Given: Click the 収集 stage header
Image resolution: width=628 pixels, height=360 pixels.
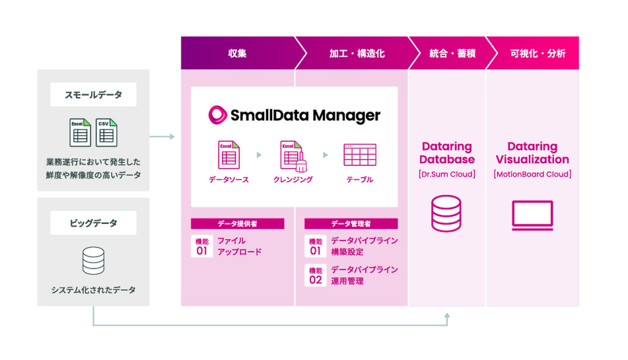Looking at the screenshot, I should click(x=237, y=54).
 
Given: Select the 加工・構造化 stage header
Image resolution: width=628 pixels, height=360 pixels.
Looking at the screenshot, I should click(x=357, y=54).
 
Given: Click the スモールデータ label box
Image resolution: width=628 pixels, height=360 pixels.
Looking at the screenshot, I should click(x=93, y=94).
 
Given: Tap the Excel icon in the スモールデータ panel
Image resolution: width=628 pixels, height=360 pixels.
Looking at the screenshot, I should click(x=80, y=132).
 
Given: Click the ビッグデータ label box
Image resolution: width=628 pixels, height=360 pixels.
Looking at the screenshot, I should click(x=93, y=223).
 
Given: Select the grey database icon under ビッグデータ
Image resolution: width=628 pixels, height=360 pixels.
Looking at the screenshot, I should click(x=93, y=260).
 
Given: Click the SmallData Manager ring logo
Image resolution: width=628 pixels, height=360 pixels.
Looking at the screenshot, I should click(x=217, y=115).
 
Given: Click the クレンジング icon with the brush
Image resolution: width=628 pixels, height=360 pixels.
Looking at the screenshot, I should click(x=292, y=156).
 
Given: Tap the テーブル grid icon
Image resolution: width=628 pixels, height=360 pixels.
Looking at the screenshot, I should click(x=359, y=155).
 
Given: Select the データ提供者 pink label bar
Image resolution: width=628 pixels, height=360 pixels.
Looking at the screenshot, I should click(x=237, y=224).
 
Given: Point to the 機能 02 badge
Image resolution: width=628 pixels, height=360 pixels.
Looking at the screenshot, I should click(x=315, y=275).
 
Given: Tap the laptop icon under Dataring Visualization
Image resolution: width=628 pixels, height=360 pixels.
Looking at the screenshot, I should click(x=532, y=215).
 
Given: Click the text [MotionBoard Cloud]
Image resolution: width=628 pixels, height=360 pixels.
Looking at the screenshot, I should click(x=532, y=174).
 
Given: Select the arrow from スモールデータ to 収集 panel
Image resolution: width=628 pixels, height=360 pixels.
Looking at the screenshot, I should click(x=162, y=137).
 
